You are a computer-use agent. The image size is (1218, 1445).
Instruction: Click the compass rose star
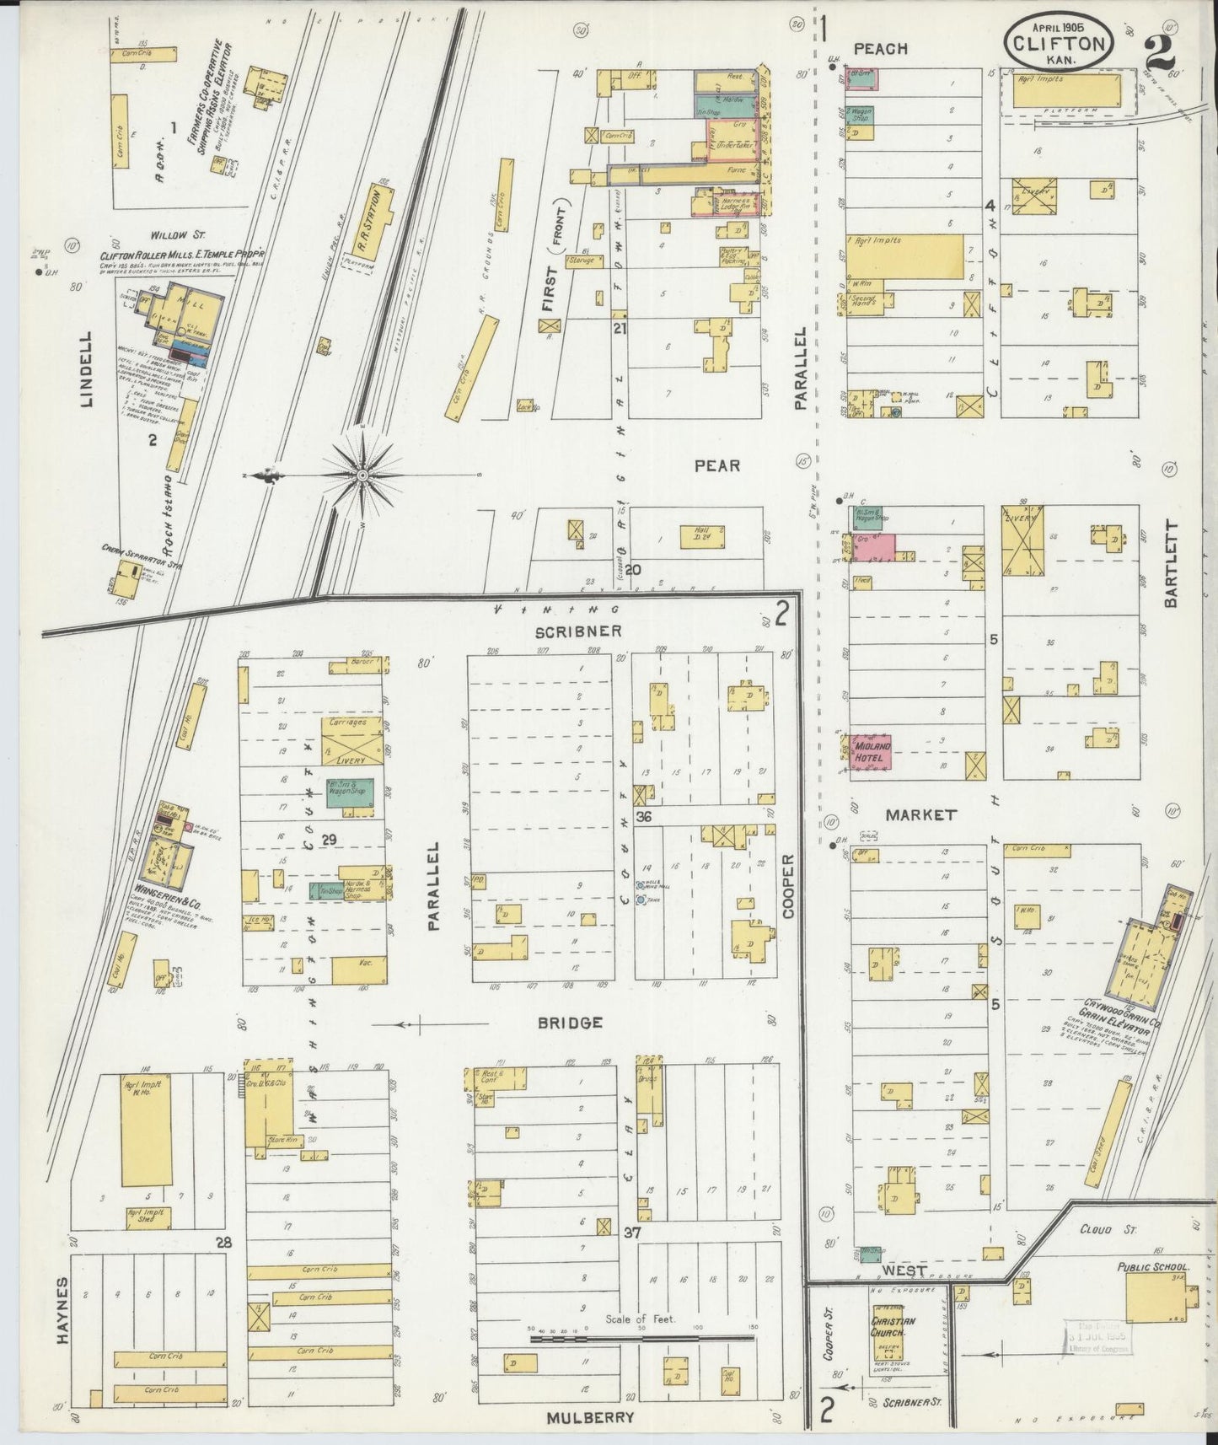coord(362,475)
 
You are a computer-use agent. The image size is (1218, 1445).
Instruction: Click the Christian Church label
coord(893,1327)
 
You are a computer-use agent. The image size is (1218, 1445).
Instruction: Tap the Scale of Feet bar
coord(641,1337)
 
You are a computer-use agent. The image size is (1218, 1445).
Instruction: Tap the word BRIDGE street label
coord(571,1023)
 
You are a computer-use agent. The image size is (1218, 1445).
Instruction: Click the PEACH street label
coord(880,49)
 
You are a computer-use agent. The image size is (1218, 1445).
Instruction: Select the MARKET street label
coord(920,815)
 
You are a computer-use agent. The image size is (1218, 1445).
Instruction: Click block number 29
coord(329,839)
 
